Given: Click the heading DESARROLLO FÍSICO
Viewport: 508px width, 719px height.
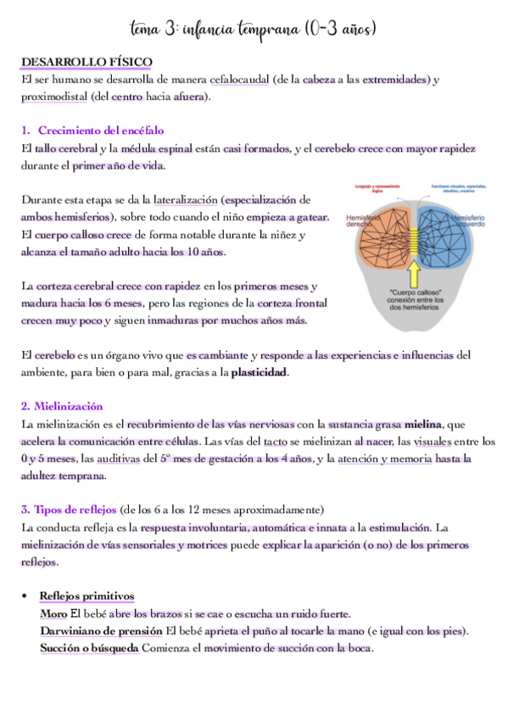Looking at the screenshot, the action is pyautogui.click(x=87, y=63).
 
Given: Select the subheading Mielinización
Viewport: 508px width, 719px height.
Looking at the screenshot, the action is pyautogui.click(x=62, y=406).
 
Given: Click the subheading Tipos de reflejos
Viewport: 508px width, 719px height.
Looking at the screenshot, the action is pyautogui.click(x=70, y=510).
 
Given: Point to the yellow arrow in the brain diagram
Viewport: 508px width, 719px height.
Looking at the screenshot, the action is pyautogui.click(x=414, y=271).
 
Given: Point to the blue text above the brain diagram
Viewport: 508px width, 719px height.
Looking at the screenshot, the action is pyautogui.click(x=456, y=187).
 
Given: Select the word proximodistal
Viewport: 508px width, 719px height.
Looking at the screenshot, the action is pyautogui.click(x=53, y=97).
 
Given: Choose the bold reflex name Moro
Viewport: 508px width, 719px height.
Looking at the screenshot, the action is pyautogui.click(x=54, y=614).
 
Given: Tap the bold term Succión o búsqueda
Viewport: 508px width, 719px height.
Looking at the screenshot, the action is pyautogui.click(x=89, y=649).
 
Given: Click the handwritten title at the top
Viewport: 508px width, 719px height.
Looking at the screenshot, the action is pyautogui.click(x=254, y=30).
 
